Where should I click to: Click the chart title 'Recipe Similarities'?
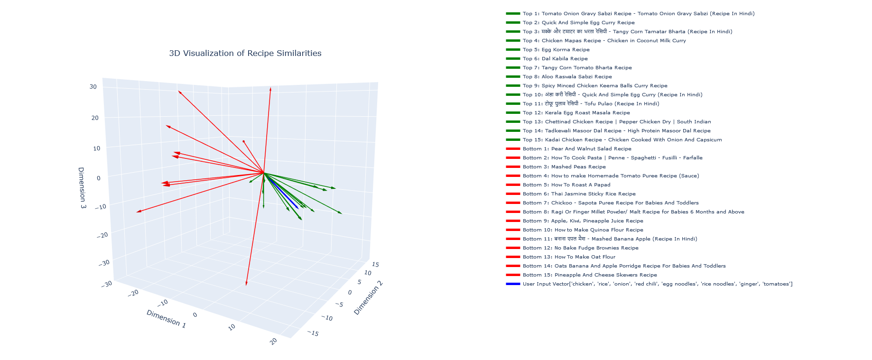pyautogui.click(x=245, y=53)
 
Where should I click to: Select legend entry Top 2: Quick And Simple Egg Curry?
pyautogui.click(x=578, y=23)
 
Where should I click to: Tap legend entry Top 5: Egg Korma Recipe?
pyautogui.click(x=556, y=50)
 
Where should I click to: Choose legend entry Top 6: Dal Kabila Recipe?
pyautogui.click(x=555, y=59)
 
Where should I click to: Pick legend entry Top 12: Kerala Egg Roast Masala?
pyautogui.click(x=576, y=113)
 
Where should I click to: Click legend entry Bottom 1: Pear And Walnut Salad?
pyautogui.click(x=577, y=149)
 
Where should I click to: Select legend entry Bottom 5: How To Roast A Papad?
pyautogui.click(x=566, y=185)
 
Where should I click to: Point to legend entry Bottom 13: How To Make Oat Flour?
pyautogui.click(x=569, y=257)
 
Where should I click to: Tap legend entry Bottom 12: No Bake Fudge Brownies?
pyautogui.click(x=580, y=248)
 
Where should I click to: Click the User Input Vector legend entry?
pyautogui.click(x=657, y=284)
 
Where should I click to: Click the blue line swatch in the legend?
pyautogui.click(x=513, y=284)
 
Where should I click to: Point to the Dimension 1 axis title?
pyautogui.click(x=166, y=319)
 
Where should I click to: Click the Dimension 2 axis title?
pyautogui.click(x=368, y=298)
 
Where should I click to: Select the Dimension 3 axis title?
pyautogui.click(x=82, y=188)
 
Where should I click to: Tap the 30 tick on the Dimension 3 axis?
pyautogui.click(x=93, y=87)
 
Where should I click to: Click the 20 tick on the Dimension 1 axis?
pyautogui.click(x=274, y=341)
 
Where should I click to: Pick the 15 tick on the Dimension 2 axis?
pyautogui.click(x=375, y=265)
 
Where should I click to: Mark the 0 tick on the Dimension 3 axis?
pyautogui.click(x=98, y=178)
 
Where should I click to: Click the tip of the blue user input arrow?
pyautogui.click(x=298, y=208)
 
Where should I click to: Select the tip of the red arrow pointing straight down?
pyautogui.click(x=246, y=285)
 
